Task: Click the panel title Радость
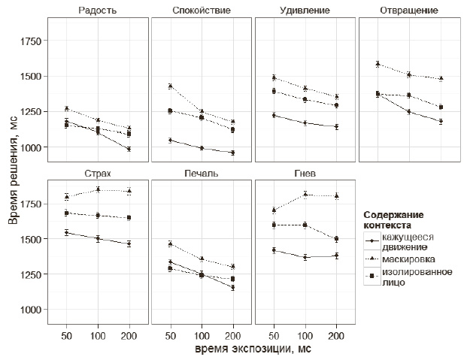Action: [x=97, y=11]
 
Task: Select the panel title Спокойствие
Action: [x=202, y=11]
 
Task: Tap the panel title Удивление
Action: [x=305, y=11]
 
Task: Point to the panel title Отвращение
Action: [x=409, y=11]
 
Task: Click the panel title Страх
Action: [x=97, y=174]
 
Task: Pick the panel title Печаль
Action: [x=202, y=174]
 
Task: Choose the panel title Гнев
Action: [x=305, y=174]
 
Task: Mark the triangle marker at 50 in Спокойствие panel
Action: [x=171, y=86]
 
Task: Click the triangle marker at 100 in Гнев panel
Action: [x=305, y=194]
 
